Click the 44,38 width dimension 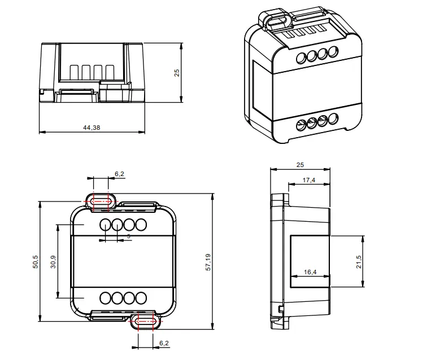coord(92,128)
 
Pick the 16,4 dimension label coord(310,272)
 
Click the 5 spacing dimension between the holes coord(129,237)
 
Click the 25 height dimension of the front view coord(176,72)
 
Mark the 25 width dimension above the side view coord(299,165)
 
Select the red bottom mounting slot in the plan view coord(145,322)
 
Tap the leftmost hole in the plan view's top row coord(106,225)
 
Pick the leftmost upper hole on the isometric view coord(301,58)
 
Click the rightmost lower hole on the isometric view coord(334,119)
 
